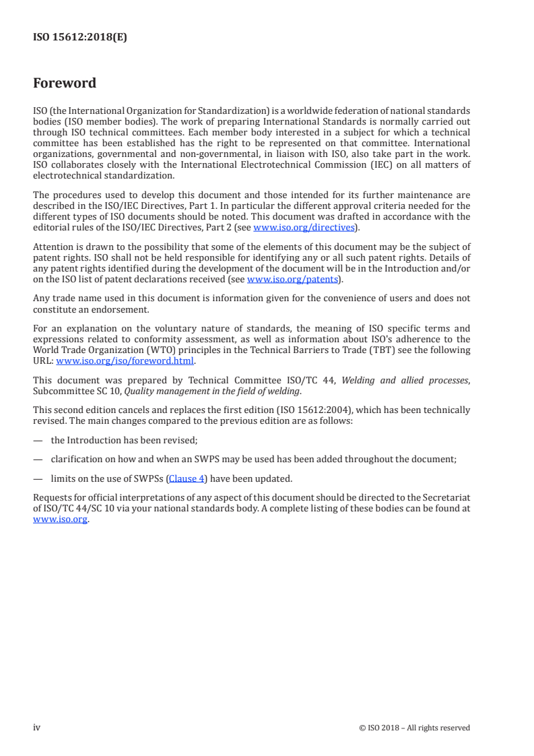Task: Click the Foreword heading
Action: pyautogui.click(x=65, y=84)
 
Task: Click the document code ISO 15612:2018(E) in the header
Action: pyautogui.click(x=79, y=38)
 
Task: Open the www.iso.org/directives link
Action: pyautogui.click(x=304, y=228)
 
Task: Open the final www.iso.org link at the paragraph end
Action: pyautogui.click(x=60, y=520)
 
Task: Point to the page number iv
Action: pyautogui.click(x=37, y=728)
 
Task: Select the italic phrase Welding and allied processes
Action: pyautogui.click(x=404, y=381)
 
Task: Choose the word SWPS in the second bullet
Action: pyautogui.click(x=177, y=459)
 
